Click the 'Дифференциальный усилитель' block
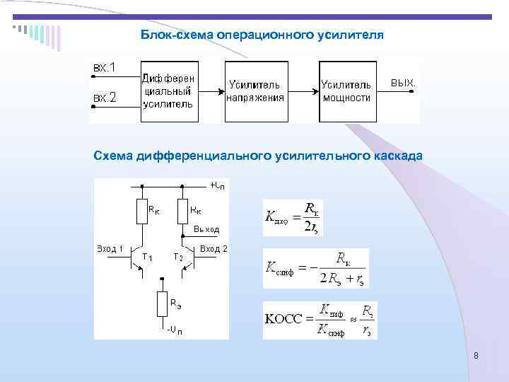(169, 91)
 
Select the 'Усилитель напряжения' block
(255, 91)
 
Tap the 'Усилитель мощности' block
(346, 91)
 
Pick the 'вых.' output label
(403, 83)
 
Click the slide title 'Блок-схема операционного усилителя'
(262, 34)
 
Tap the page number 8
(476, 357)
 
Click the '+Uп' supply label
(218, 185)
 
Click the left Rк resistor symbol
(141, 211)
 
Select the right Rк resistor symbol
(182, 211)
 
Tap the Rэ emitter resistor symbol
(162, 304)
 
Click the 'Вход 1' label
(110, 248)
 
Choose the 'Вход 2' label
(213, 248)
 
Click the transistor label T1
(148, 257)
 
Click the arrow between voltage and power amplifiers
(303, 91)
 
